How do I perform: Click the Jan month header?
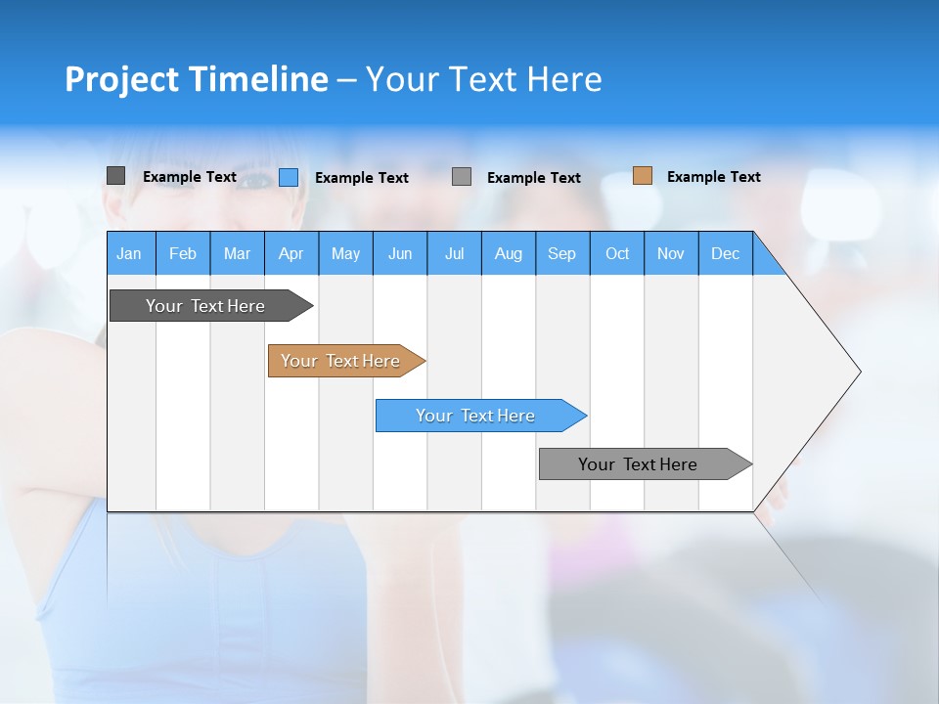130,253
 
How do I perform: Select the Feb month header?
183,253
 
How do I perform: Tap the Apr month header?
291,253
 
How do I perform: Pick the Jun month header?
400,253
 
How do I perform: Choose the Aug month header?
509,253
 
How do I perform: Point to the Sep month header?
562,253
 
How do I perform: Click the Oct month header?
617,253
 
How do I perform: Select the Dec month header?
726,253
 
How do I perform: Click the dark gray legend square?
115,176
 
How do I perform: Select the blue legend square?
289,177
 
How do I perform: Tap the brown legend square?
643,176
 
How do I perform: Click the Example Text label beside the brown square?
713,177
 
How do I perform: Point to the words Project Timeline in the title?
196,79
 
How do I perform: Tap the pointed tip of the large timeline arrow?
857,371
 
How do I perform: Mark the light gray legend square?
462,177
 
